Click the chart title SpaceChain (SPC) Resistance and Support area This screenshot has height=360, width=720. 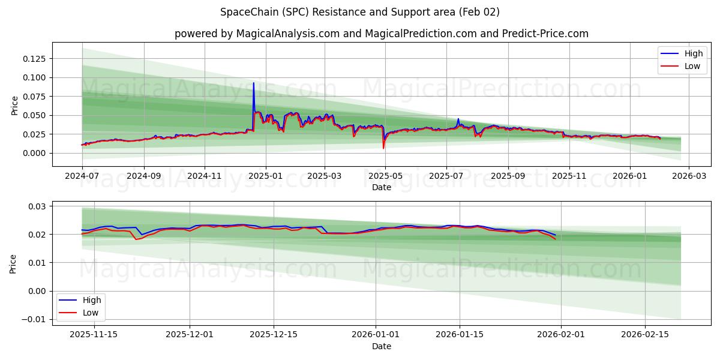tap(359, 12)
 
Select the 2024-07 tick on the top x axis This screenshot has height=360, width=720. tap(82, 177)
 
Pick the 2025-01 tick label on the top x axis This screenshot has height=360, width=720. tap(265, 177)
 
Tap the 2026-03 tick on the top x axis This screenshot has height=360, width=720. tap(688, 177)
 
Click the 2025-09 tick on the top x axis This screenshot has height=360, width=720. tap(508, 177)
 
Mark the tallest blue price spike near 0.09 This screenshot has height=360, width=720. tap(253, 83)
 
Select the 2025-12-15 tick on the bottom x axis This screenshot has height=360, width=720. tap(274, 335)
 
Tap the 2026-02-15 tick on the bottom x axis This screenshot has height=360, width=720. tap(645, 335)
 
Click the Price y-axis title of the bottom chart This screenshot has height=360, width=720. tap(14, 263)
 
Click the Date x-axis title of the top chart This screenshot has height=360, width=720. tap(381, 187)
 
